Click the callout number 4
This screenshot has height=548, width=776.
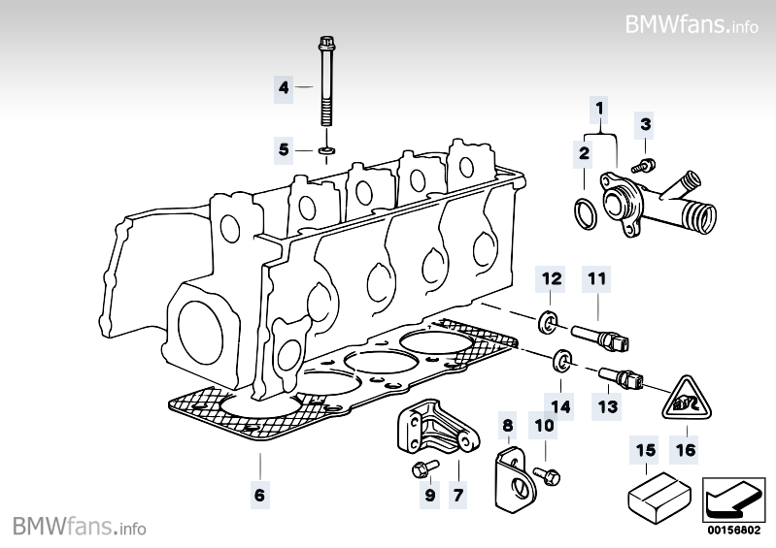[283, 88]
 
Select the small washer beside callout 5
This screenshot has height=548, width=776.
[326, 148]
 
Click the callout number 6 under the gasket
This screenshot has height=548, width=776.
[260, 494]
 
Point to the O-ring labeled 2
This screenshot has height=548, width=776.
[587, 213]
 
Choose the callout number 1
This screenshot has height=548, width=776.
[599, 108]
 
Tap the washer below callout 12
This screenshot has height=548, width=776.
[548, 322]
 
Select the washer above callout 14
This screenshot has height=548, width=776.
[561, 361]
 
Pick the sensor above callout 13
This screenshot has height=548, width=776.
[622, 378]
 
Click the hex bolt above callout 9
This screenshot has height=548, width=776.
[424, 467]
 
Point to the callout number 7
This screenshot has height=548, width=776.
[458, 494]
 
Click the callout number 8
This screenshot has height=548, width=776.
[508, 426]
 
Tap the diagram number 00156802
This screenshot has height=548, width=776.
[733, 531]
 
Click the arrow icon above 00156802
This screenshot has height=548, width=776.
[733, 500]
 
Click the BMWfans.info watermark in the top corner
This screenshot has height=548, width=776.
[692, 24]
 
